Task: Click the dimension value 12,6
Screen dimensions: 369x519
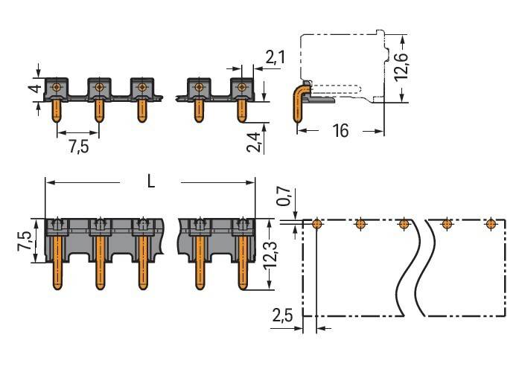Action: [x=402, y=68]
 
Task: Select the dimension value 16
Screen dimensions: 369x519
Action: [x=340, y=131]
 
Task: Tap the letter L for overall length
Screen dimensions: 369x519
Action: [x=150, y=182]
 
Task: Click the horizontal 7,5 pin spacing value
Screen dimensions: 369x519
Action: [x=78, y=147]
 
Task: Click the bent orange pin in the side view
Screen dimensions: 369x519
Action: [x=299, y=104]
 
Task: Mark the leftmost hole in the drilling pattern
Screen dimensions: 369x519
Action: [x=317, y=223]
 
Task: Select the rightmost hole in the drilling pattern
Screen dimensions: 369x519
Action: [x=490, y=223]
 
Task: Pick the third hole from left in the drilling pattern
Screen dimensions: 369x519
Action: [x=404, y=223]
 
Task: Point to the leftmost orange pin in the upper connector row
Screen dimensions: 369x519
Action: [x=56, y=110]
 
